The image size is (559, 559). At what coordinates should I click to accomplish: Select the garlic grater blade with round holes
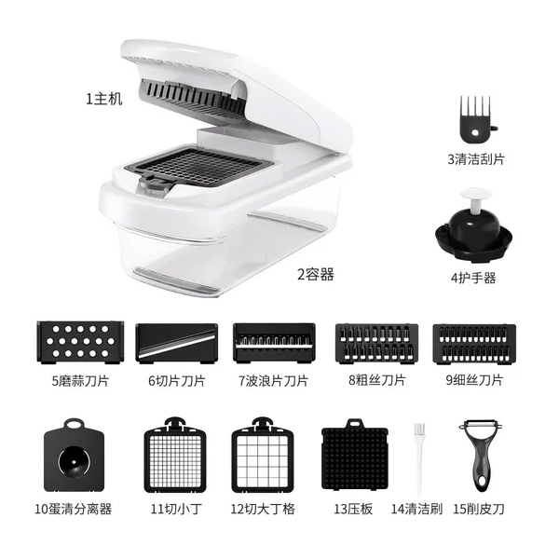(80, 342)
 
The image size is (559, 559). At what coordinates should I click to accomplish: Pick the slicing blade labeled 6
(177, 343)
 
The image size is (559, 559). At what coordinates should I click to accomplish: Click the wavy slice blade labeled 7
(274, 343)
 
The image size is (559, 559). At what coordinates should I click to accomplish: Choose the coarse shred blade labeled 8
(376, 344)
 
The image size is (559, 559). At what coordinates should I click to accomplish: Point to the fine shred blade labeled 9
(474, 344)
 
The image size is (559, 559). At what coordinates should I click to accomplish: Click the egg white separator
(75, 457)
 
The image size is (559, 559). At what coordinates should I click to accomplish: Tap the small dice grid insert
(175, 456)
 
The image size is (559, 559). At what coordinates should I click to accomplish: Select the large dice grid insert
(263, 456)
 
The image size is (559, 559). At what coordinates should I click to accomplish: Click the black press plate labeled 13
(355, 455)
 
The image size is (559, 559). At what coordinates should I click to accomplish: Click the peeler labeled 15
(480, 457)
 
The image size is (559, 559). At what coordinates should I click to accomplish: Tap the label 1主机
(104, 99)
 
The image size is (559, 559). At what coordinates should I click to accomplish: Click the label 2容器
(316, 275)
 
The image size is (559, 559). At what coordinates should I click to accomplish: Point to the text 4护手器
(473, 278)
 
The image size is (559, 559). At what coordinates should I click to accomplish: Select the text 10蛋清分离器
(73, 509)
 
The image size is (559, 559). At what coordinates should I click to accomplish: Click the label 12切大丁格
(263, 509)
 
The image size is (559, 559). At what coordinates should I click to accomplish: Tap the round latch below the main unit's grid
(154, 184)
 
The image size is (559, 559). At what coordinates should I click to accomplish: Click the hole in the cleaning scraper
(475, 133)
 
